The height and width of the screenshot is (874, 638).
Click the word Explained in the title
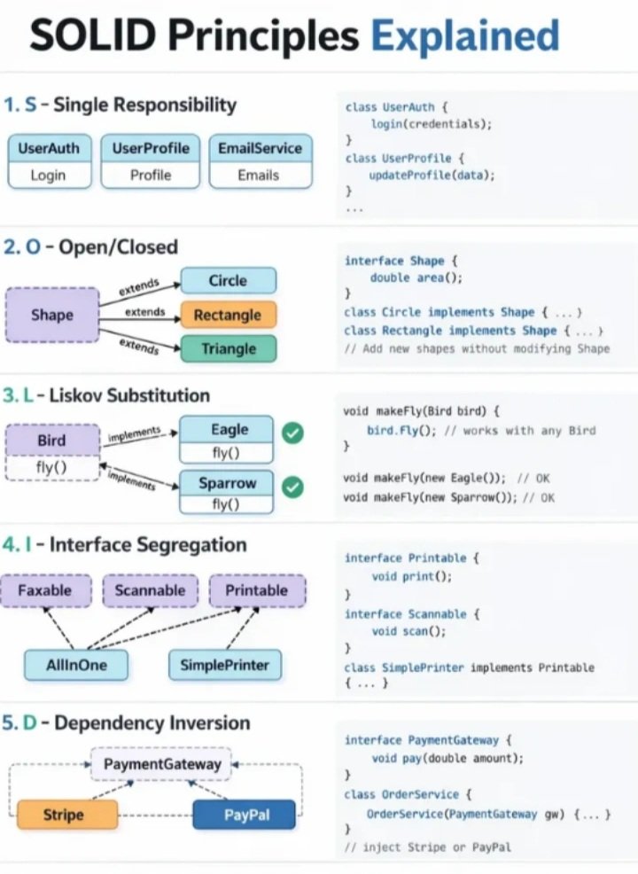(x=464, y=36)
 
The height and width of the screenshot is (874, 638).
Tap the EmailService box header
(x=259, y=148)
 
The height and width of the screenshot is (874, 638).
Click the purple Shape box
(x=52, y=315)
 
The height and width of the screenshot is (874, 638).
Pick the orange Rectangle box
(x=228, y=315)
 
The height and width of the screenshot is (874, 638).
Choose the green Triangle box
(x=228, y=348)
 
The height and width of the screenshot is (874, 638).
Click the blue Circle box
(x=228, y=281)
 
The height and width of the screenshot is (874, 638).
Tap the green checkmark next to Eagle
(x=292, y=433)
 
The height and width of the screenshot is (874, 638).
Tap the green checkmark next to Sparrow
(x=292, y=488)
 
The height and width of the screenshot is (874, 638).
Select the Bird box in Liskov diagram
(x=52, y=441)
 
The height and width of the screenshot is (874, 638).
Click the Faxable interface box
(x=44, y=590)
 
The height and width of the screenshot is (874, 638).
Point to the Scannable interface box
(x=150, y=590)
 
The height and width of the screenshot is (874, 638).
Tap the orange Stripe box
(x=66, y=815)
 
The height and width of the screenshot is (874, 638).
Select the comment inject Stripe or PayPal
(x=428, y=847)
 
